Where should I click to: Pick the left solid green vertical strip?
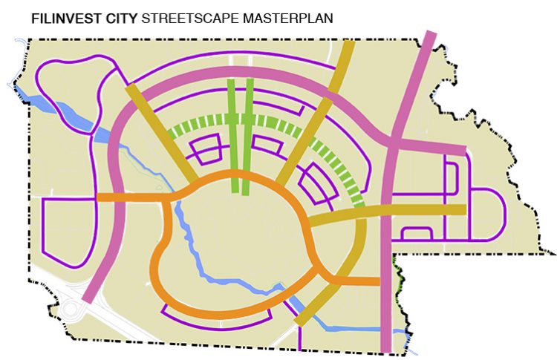tap(233, 134)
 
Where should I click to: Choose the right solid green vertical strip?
tap(248, 134)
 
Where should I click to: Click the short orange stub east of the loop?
tap(356, 281)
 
